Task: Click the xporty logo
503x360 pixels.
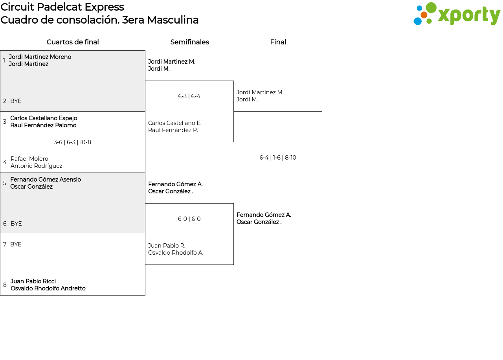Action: (457, 14)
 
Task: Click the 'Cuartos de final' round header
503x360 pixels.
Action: (73, 42)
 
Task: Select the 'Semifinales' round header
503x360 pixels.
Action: (189, 42)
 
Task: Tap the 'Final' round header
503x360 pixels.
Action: (278, 42)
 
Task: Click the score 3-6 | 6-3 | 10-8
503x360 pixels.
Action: (72, 142)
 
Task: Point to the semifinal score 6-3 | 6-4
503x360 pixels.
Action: (189, 96)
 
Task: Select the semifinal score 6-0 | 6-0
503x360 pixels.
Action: (189, 219)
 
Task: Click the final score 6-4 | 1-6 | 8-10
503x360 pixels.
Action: (277, 158)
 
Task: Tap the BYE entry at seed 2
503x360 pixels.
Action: (16, 101)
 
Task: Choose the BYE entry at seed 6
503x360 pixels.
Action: (16, 224)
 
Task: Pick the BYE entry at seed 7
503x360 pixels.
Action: (16, 244)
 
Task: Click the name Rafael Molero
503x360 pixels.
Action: (29, 159)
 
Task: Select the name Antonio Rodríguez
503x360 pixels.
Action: (37, 166)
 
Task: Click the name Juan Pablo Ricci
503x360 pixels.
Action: (33, 281)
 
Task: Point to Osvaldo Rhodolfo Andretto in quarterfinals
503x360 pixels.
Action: (48, 288)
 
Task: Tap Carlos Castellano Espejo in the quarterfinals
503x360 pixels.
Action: (44, 118)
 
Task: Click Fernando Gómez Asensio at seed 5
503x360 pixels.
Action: (46, 180)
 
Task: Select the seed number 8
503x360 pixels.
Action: (5, 285)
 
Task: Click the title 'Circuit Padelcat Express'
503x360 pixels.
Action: (62, 7)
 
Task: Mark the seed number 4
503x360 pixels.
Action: (5, 162)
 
